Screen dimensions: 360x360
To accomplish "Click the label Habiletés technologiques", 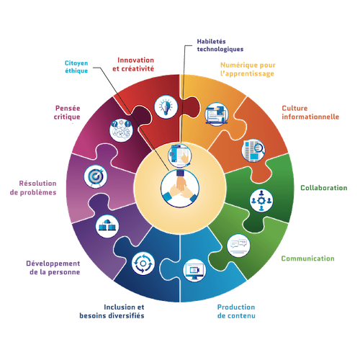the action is click(x=220, y=45).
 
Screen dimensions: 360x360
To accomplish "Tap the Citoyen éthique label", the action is click(x=76, y=67).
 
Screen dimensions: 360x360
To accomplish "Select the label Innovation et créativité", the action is click(x=133, y=64).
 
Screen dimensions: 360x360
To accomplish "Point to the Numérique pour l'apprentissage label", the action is click(x=248, y=69).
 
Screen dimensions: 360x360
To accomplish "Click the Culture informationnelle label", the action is click(x=310, y=112).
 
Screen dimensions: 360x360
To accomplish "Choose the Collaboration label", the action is click(x=324, y=188).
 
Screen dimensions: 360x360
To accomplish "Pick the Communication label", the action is click(x=307, y=258).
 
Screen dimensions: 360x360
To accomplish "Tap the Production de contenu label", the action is click(x=236, y=311).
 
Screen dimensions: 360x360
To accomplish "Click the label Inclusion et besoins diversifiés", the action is click(x=112, y=311).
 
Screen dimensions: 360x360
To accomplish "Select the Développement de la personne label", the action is click(x=53, y=268).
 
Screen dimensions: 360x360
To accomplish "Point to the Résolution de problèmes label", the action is click(x=33, y=188).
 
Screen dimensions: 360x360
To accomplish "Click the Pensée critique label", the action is click(x=67, y=112).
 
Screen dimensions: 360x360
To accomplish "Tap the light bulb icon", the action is click(x=166, y=107).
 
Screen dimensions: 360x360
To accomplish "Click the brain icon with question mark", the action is click(x=121, y=130).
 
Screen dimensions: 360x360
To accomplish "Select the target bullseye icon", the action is click(x=96, y=176).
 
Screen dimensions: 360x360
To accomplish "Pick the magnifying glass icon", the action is click(x=253, y=150).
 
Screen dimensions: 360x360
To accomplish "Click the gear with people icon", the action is click(x=261, y=201).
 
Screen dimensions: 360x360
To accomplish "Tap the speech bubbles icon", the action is click(x=238, y=246).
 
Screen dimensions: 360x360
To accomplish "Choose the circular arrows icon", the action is click(x=143, y=264).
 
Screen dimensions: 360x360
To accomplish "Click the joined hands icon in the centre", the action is click(x=180, y=188).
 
